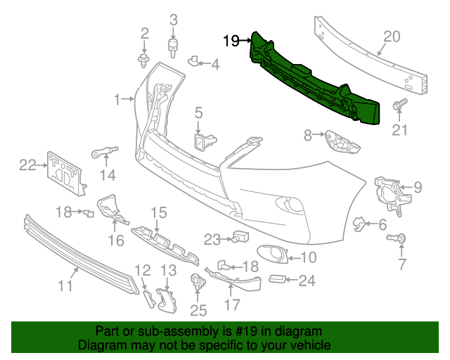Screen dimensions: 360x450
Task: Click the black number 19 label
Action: (x=231, y=41)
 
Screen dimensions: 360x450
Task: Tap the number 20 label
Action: (x=391, y=37)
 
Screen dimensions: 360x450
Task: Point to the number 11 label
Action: (x=65, y=285)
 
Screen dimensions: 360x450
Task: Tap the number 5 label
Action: (x=198, y=112)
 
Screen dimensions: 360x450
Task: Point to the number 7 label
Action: (x=402, y=264)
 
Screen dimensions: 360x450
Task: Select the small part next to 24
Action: (x=279, y=281)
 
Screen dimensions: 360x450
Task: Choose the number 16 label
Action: (x=115, y=240)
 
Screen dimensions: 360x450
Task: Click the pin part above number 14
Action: (x=105, y=150)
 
